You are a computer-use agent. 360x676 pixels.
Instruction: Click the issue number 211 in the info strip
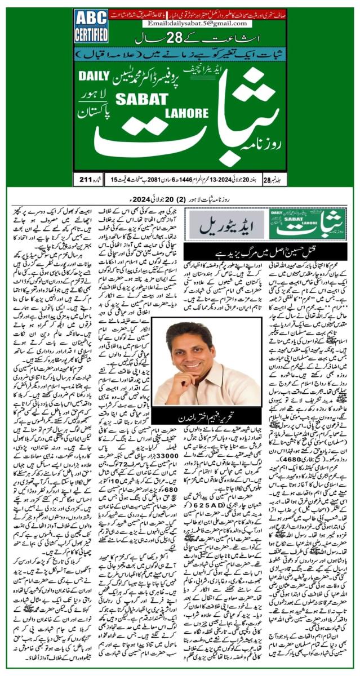86,179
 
